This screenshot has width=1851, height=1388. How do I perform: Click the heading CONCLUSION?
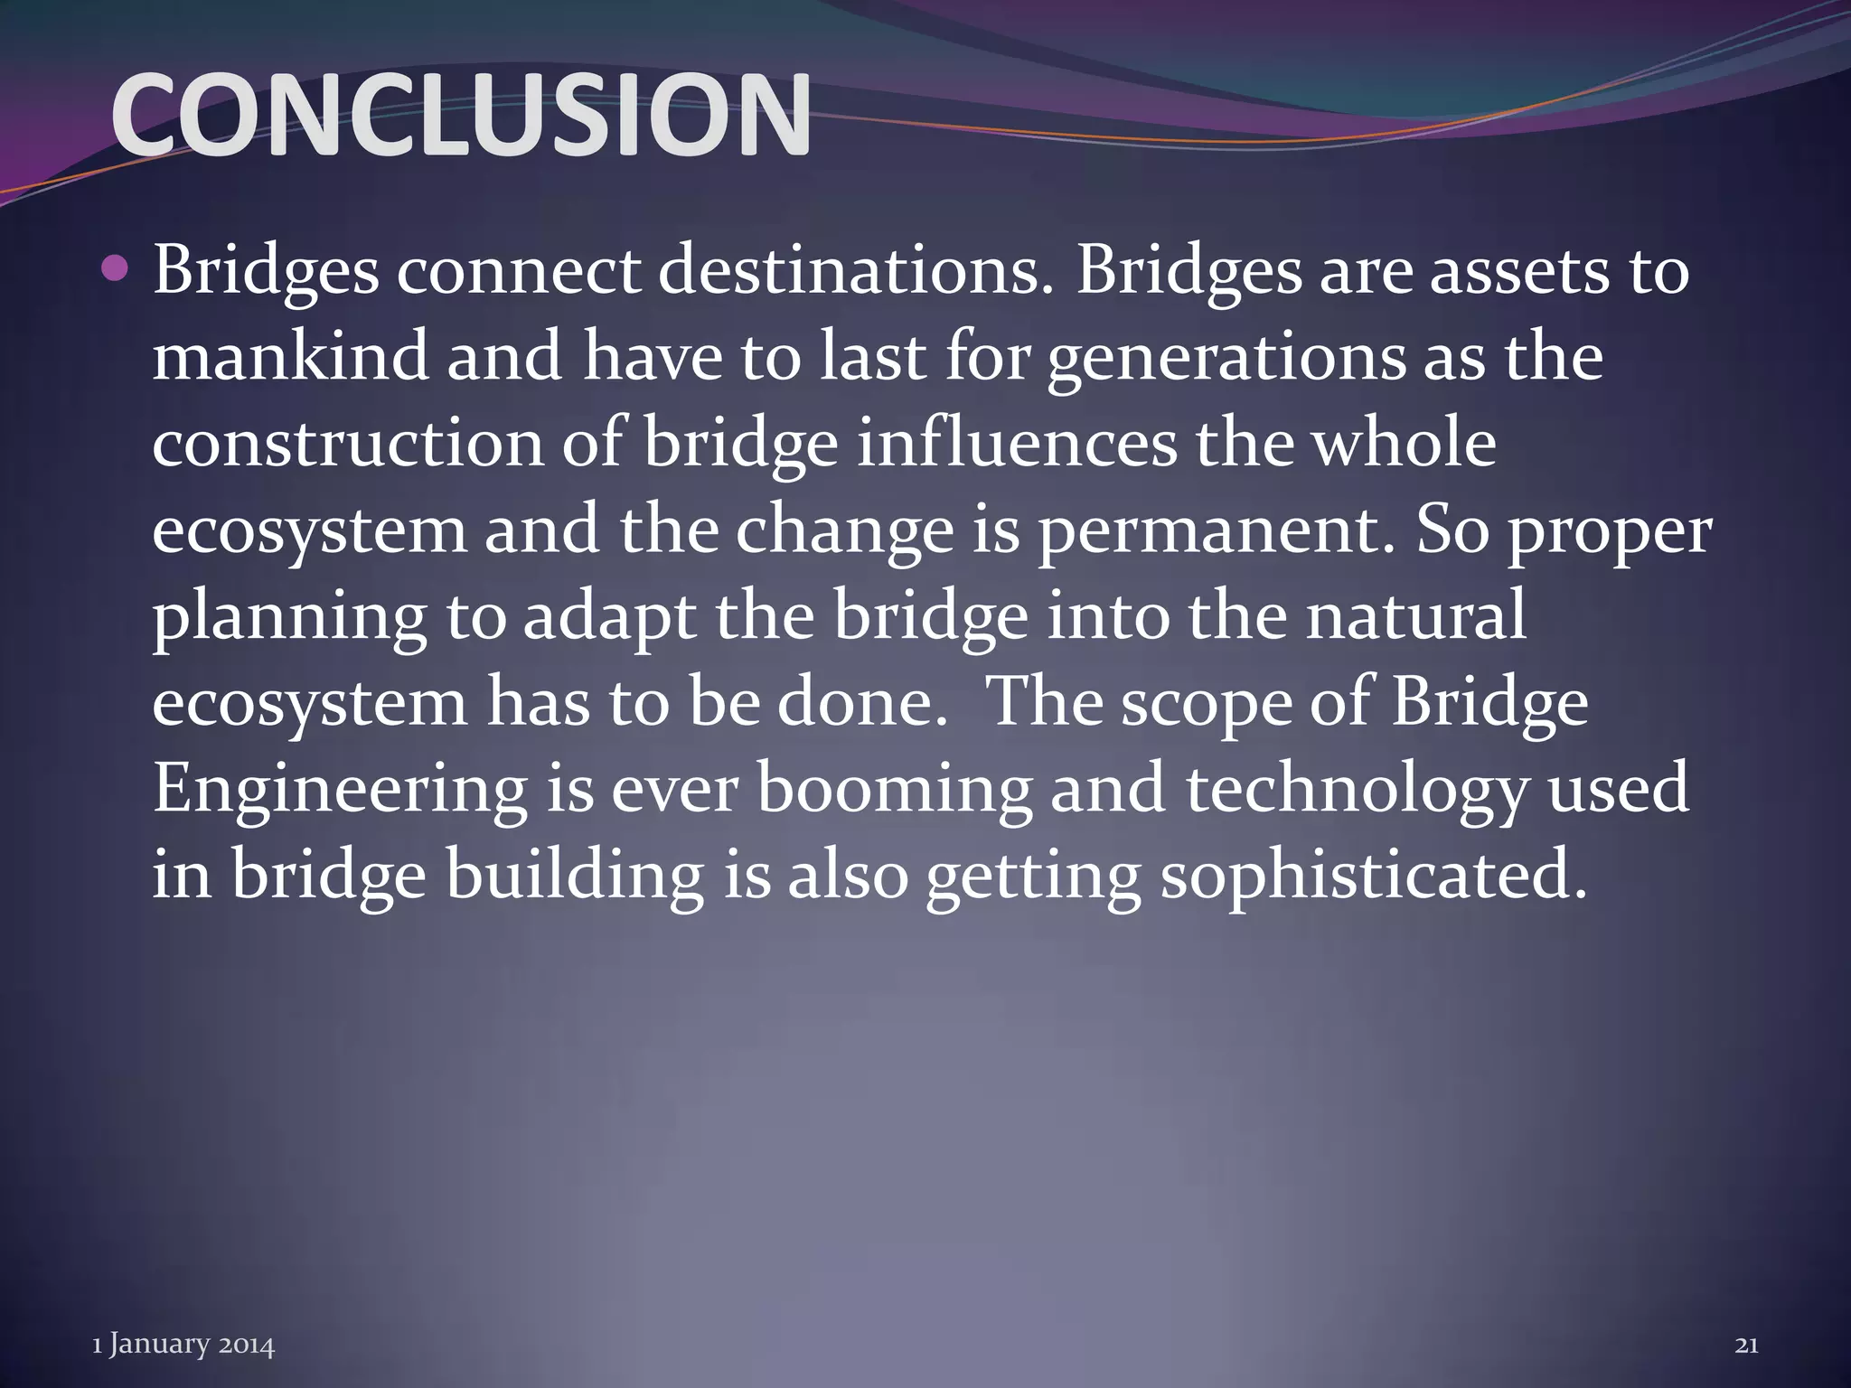461,116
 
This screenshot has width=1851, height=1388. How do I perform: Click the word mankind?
289,356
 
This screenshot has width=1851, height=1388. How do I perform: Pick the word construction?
348,443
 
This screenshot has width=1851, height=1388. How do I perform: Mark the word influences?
1017,443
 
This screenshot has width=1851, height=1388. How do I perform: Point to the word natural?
1415,616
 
